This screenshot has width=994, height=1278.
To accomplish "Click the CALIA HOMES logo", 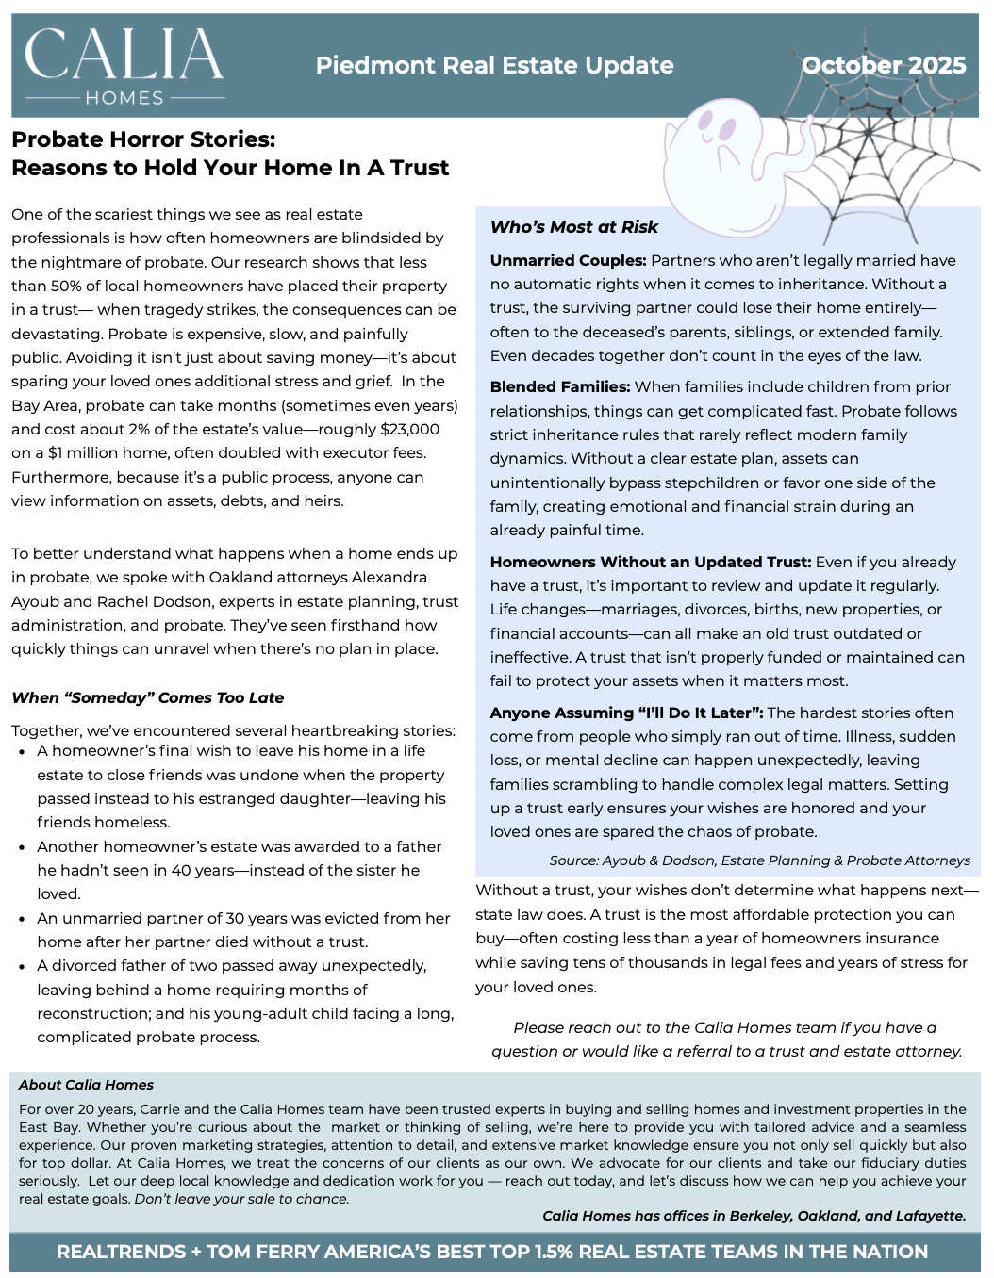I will coord(124,66).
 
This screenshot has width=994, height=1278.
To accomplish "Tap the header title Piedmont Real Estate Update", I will coord(494,65).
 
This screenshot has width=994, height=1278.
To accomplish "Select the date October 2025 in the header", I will coord(884,65).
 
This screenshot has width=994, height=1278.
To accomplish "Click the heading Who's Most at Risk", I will coord(573,227).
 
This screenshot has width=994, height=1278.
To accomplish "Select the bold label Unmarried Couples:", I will coord(568,260).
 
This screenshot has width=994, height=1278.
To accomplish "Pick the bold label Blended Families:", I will coord(559,386).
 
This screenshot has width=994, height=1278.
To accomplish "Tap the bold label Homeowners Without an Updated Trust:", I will coord(650,562).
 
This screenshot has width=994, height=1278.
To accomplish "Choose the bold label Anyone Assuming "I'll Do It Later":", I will coord(626,713).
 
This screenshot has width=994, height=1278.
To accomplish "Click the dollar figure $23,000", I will coord(409,429).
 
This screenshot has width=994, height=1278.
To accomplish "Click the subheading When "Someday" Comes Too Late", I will coord(147,697).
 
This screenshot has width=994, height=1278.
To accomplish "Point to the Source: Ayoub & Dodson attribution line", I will coord(759,860).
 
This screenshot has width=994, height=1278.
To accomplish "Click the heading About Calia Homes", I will coord(86,1085).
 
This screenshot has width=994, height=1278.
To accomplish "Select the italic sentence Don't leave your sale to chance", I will coord(241,1199).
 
